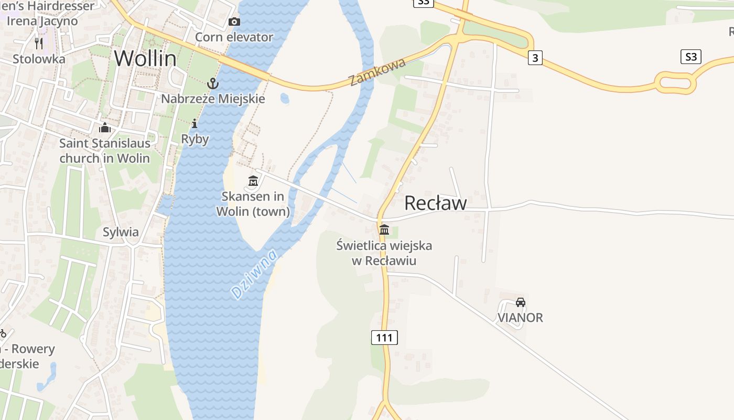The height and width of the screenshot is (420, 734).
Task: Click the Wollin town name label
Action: click(145, 58)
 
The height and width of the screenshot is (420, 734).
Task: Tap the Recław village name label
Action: click(435, 203)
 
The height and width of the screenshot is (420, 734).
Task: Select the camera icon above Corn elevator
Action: click(234, 22)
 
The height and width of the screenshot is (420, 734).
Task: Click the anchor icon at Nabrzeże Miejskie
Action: click(212, 83)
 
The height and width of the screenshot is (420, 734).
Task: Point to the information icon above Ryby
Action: click(195, 124)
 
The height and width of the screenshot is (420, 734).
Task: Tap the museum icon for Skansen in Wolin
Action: click(253, 181)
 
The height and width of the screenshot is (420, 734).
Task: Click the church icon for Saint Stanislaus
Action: click(105, 128)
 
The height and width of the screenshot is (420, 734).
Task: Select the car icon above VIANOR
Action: click(520, 302)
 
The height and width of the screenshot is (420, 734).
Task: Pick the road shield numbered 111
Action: click(384, 338)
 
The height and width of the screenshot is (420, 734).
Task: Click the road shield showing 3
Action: click(535, 58)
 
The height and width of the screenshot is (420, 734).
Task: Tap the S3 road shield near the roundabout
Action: click(691, 57)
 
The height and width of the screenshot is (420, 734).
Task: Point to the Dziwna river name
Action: click(254, 274)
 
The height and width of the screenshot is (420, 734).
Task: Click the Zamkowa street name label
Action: click(377, 72)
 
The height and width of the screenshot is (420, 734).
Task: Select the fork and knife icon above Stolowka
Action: click(39, 43)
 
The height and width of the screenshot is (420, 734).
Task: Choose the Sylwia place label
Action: click(121, 232)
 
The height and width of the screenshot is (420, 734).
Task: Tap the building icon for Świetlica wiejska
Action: click(384, 229)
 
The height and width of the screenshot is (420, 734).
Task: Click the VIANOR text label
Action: click(520, 318)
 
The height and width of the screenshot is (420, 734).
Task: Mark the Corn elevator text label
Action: click(234, 37)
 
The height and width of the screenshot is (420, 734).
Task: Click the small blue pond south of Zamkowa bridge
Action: click(285, 98)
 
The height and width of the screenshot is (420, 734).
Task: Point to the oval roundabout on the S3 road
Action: click(675, 82)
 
